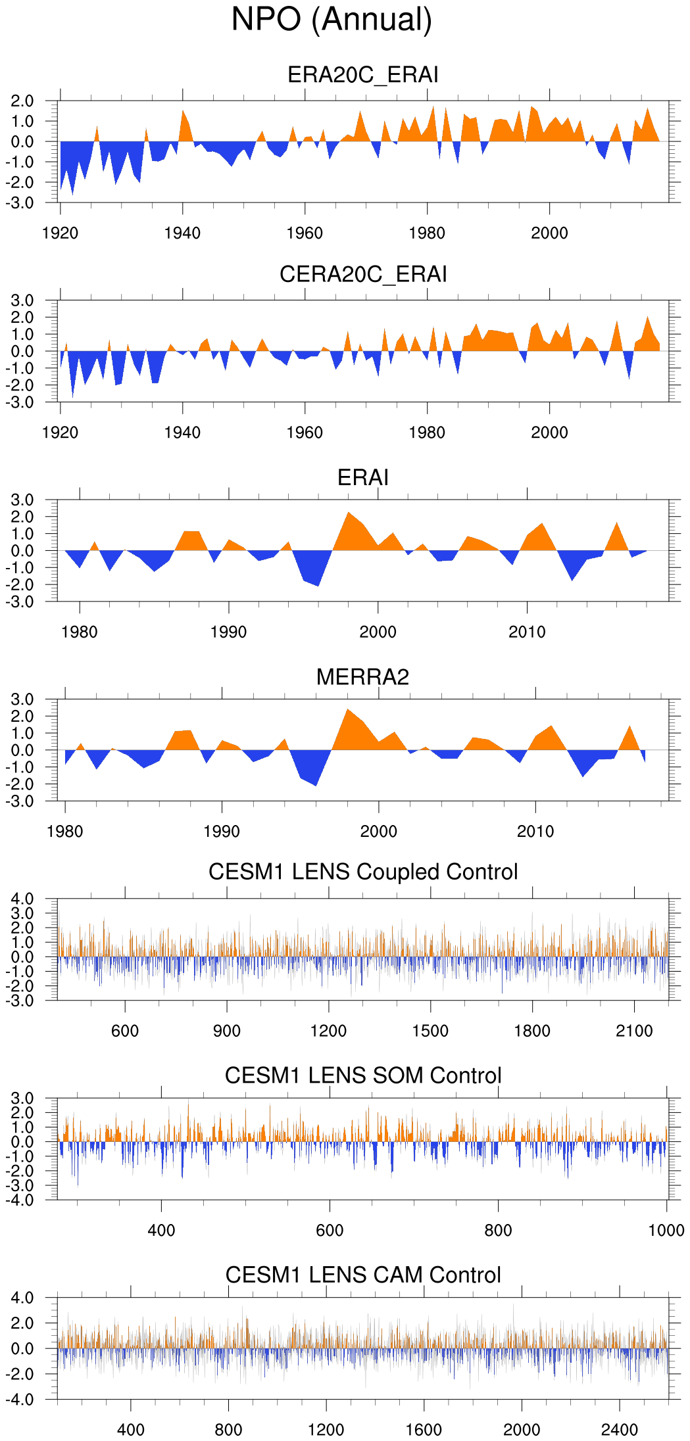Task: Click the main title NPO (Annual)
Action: pyautogui.click(x=332, y=20)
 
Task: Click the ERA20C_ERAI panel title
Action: pyautogui.click(x=362, y=75)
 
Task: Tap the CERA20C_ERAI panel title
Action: pyautogui.click(x=362, y=274)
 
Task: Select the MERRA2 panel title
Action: pyautogui.click(x=362, y=677)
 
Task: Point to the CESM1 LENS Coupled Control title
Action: pyautogui.click(x=362, y=872)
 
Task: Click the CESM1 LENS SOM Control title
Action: pyautogui.click(x=362, y=1075)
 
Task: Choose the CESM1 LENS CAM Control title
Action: pyautogui.click(x=362, y=1275)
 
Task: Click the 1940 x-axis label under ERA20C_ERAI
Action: pyautogui.click(x=182, y=233)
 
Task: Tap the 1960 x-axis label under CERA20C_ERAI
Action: pyautogui.click(x=305, y=433)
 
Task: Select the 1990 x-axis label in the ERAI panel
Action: pyautogui.click(x=228, y=632)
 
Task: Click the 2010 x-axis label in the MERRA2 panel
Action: pyautogui.click(x=535, y=832)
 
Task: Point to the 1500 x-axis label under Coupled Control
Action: pyautogui.click(x=430, y=1031)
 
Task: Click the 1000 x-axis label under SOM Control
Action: pyautogui.click(x=666, y=1231)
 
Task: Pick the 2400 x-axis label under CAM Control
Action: pyautogui.click(x=619, y=1430)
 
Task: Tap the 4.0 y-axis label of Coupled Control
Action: pyautogui.click(x=22, y=899)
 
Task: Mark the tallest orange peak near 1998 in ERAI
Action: pyautogui.click(x=349, y=513)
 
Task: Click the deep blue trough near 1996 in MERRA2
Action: pyautogui.click(x=316, y=784)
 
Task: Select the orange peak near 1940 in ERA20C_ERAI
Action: pyautogui.click(x=183, y=112)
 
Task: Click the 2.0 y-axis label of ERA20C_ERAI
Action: pyautogui.click(x=22, y=101)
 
